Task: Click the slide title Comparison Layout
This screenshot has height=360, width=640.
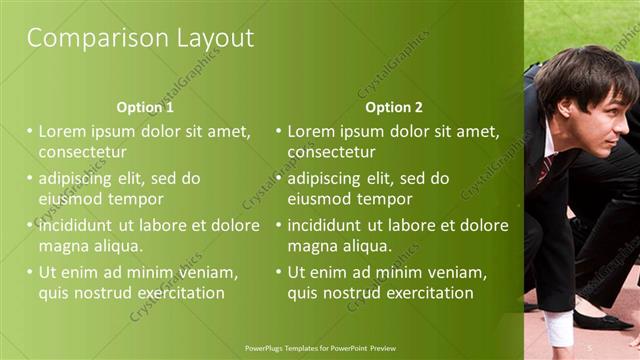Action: click(x=140, y=39)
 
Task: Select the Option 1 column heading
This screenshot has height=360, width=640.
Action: click(x=145, y=107)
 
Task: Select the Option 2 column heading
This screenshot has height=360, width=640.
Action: click(x=394, y=107)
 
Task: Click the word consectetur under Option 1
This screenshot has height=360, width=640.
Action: click(x=82, y=153)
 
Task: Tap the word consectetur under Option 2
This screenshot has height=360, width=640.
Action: click(x=332, y=153)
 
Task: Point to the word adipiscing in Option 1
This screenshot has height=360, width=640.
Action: click(x=79, y=179)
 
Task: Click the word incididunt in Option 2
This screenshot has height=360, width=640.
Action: click(x=330, y=225)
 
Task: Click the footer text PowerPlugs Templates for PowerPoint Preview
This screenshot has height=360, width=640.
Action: click(x=320, y=348)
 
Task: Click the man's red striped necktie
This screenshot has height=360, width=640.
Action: click(x=545, y=167)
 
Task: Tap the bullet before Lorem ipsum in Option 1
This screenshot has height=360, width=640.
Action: click(x=30, y=131)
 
